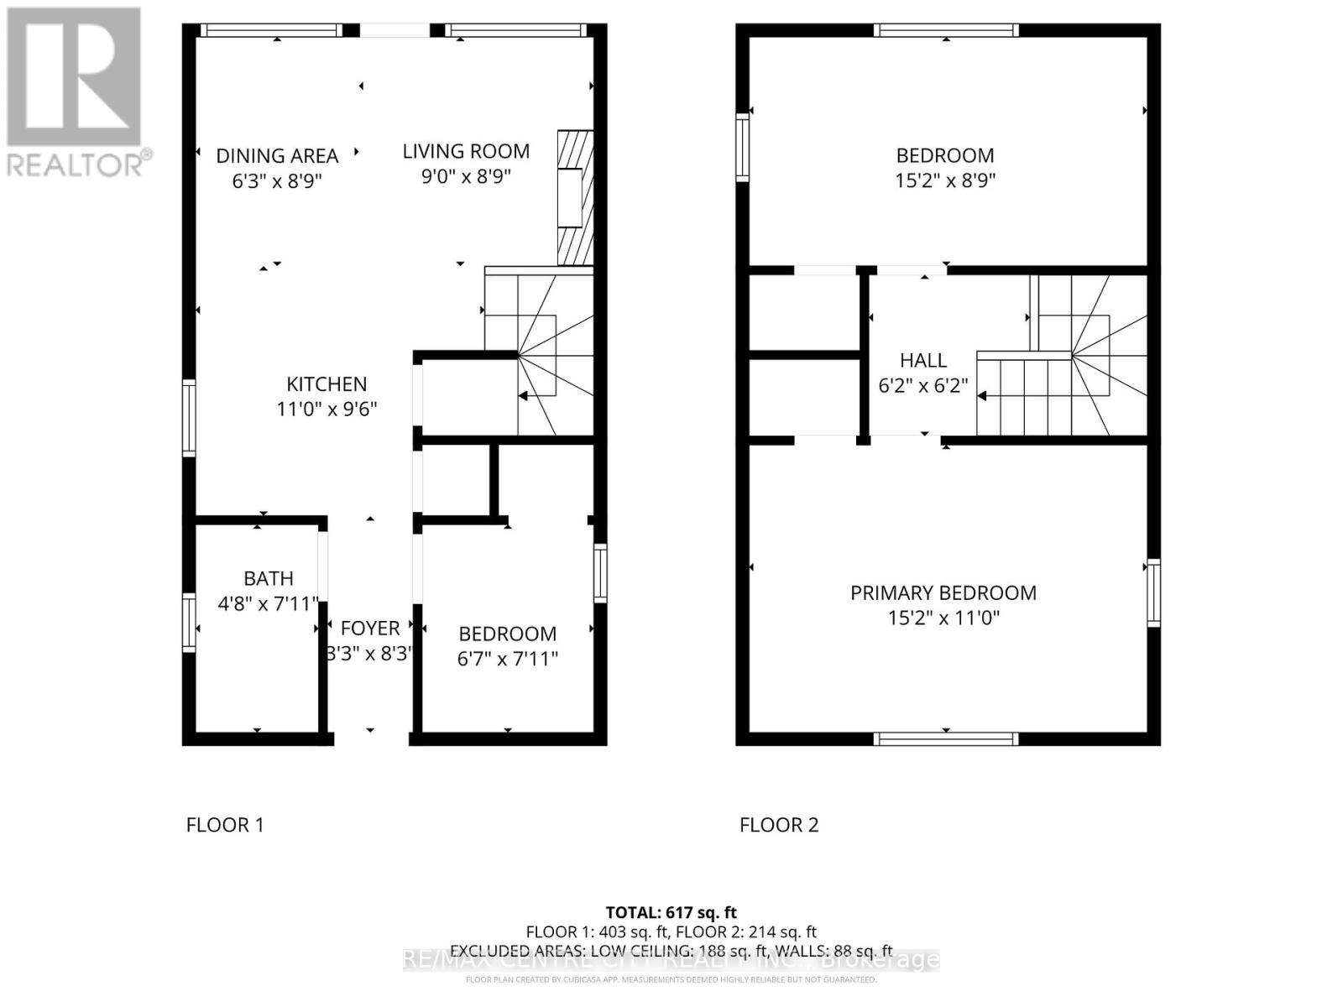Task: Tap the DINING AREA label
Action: [277, 156]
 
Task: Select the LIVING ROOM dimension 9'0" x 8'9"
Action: [466, 177]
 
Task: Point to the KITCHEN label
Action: [327, 384]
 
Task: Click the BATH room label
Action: [269, 578]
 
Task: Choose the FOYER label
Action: [369, 629]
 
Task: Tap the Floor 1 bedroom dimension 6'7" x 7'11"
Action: [507, 659]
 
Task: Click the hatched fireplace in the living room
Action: [575, 197]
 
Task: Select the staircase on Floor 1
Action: [539, 352]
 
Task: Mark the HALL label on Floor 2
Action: [923, 361]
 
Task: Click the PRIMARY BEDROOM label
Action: [943, 593]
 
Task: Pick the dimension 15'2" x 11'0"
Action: [943, 618]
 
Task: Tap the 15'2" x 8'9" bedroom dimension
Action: [945, 180]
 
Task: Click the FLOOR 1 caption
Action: [225, 825]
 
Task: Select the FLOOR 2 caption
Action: [779, 825]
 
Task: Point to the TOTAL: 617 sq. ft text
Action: [671, 912]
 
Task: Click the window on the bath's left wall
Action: [189, 623]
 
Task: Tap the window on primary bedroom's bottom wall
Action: [946, 738]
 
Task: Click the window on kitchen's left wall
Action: [189, 418]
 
